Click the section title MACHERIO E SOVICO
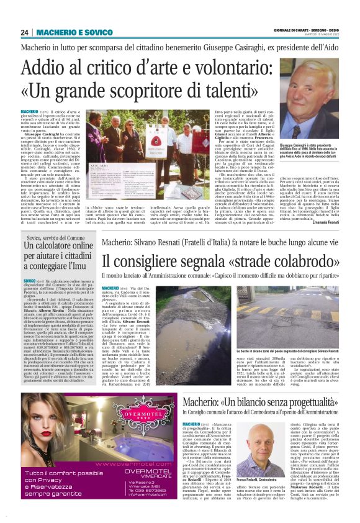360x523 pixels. (x=65, y=32)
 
